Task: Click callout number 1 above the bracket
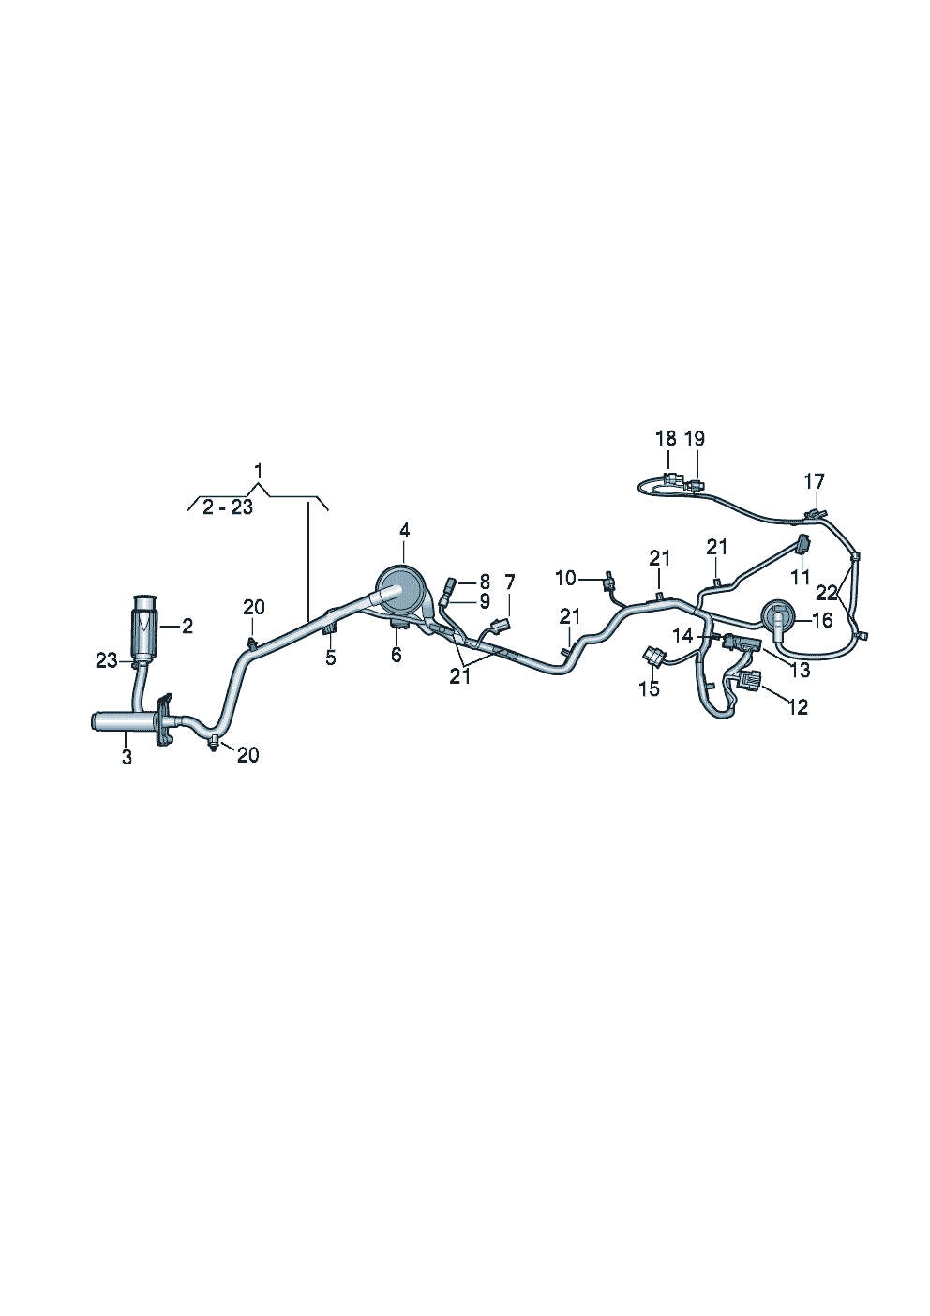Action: (x=260, y=470)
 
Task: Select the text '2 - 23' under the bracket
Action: (x=228, y=507)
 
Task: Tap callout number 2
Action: (x=187, y=626)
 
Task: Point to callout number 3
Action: (x=127, y=757)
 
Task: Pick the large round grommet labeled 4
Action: (x=397, y=587)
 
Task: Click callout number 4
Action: (x=404, y=531)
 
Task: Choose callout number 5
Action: (x=330, y=658)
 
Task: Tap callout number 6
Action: (x=397, y=655)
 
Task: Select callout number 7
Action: (x=509, y=582)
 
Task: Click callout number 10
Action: (x=565, y=578)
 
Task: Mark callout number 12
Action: (x=797, y=706)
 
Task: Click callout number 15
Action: (x=649, y=688)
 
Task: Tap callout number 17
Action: (x=815, y=481)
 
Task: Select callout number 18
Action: (x=666, y=438)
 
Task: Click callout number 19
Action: (x=695, y=438)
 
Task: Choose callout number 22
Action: (x=827, y=593)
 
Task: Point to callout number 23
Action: (x=107, y=660)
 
